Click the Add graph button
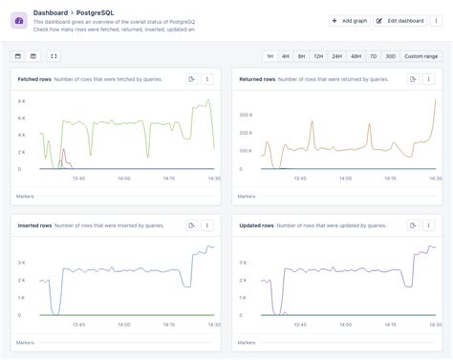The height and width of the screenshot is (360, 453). click(x=349, y=20)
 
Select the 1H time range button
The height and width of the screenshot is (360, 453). click(x=270, y=56)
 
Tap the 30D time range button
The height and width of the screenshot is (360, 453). click(x=389, y=56)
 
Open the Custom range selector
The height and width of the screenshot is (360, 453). click(x=421, y=56)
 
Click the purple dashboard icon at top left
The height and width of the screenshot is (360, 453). click(x=19, y=20)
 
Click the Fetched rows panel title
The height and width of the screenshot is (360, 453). click(x=33, y=78)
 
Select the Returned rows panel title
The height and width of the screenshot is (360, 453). click(x=257, y=78)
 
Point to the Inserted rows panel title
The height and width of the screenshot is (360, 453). click(x=34, y=225)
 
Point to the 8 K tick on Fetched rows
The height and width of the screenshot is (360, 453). click(x=21, y=100)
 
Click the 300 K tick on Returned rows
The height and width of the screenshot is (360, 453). click(x=245, y=114)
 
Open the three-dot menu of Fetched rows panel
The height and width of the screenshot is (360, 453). click(x=207, y=78)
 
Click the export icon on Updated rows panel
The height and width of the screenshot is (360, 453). click(x=414, y=225)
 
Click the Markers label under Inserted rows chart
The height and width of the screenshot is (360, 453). click(x=25, y=342)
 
